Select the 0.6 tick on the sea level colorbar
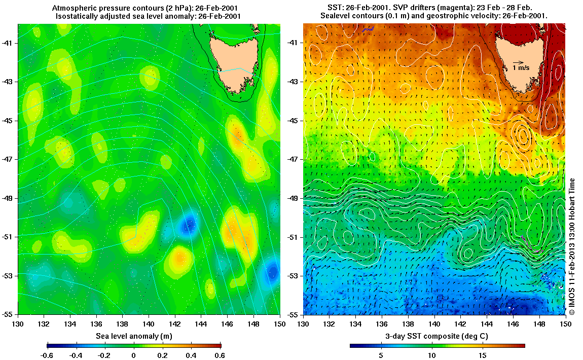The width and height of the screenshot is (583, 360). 221,355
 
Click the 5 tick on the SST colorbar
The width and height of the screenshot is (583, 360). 379,355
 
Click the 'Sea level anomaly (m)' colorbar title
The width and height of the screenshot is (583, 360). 133,336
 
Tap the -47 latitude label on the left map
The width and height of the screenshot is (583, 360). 9,159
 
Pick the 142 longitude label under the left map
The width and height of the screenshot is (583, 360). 174,323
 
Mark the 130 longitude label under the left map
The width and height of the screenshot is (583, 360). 18,323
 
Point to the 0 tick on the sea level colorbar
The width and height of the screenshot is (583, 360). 134,355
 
